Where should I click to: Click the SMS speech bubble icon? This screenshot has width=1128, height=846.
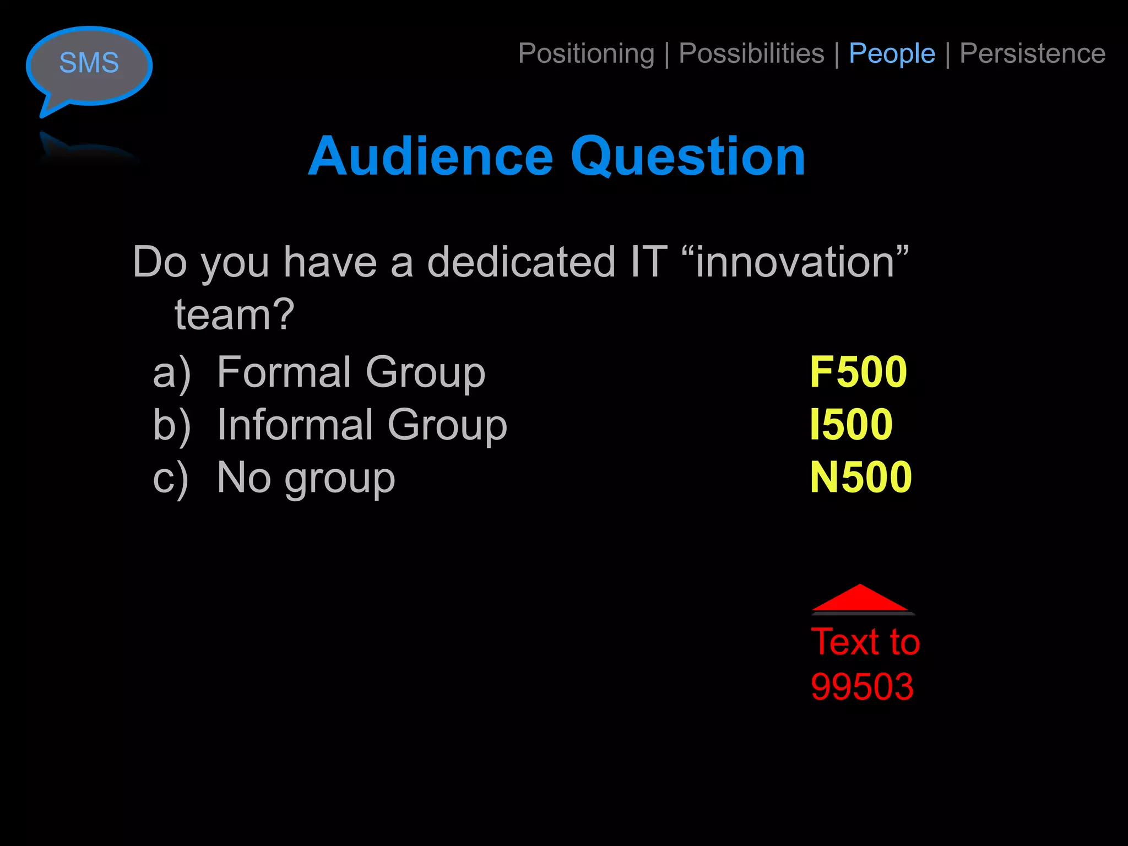tap(89, 65)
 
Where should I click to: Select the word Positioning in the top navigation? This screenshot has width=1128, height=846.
tap(586, 54)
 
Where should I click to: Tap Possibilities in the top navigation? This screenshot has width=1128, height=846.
tap(751, 54)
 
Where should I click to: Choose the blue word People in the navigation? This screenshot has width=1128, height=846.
tap(892, 54)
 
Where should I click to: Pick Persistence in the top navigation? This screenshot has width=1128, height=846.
tap(1032, 54)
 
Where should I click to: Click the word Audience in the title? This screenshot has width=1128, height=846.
tap(430, 156)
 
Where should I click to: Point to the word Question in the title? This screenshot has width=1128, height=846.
tap(688, 158)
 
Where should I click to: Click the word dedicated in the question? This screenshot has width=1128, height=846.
tap(521, 262)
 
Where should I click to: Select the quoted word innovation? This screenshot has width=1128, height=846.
tap(795, 262)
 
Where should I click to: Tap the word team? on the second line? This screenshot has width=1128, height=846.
tap(235, 315)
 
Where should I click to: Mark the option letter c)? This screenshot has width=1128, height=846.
tap(171, 478)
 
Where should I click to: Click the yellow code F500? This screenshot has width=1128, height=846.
tap(858, 372)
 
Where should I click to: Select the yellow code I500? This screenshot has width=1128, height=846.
tap(851, 425)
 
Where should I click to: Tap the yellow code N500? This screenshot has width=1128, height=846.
tap(860, 477)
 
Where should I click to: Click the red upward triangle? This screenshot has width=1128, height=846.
tap(860, 598)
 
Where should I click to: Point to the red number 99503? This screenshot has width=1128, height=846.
tap(862, 687)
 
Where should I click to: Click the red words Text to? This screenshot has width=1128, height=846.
tap(865, 642)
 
